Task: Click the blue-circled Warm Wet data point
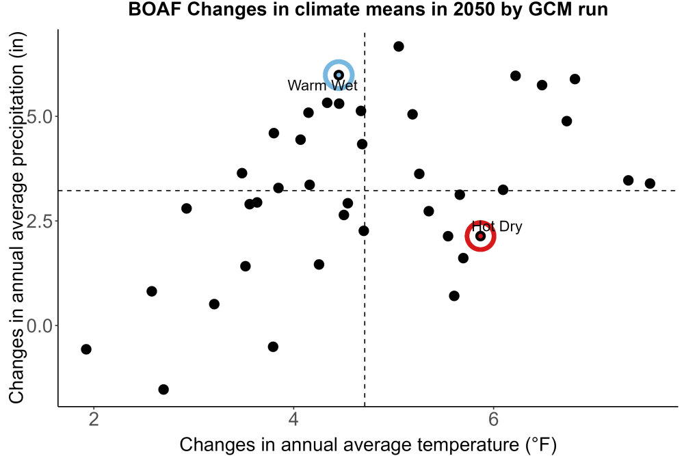pos(339,75)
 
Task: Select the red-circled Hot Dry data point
pos(480,236)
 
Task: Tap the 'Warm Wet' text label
pos(322,85)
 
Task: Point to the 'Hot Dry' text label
pos(497,227)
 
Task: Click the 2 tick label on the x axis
pos(94,420)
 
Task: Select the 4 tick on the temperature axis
pos(293,420)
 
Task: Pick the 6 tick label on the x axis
pos(493,420)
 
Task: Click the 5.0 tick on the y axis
pos(40,116)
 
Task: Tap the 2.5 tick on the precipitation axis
pos(40,221)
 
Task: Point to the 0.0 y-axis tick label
pos(40,325)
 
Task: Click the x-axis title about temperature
pos(368,444)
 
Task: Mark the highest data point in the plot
pos(398,46)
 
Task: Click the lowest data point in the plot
pos(163,389)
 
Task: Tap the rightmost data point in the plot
pos(650,183)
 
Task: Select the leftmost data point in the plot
pos(86,349)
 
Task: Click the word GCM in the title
pos(549,10)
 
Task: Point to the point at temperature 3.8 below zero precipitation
pos(273,347)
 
